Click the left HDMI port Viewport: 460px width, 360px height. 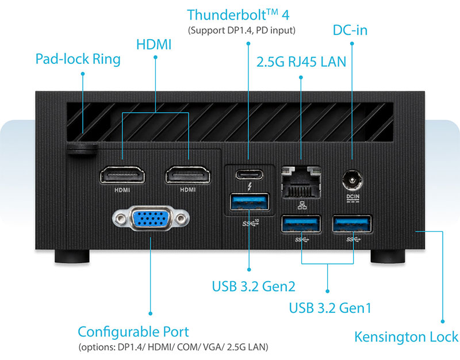coord(123,175)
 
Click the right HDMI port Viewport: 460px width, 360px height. coord(188,175)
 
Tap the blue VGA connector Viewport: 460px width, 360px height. coord(151,219)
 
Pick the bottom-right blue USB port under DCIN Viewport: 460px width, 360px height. coord(352,223)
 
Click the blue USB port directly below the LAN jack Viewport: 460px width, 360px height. coord(300,223)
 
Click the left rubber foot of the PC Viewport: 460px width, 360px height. coord(73,255)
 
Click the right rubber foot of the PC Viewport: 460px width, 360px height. coord(387,255)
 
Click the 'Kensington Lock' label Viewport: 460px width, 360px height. coord(406,337)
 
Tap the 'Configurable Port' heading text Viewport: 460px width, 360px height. coord(133,332)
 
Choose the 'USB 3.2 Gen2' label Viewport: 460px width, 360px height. coord(254,286)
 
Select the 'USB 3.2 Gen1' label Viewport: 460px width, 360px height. coord(330,308)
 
